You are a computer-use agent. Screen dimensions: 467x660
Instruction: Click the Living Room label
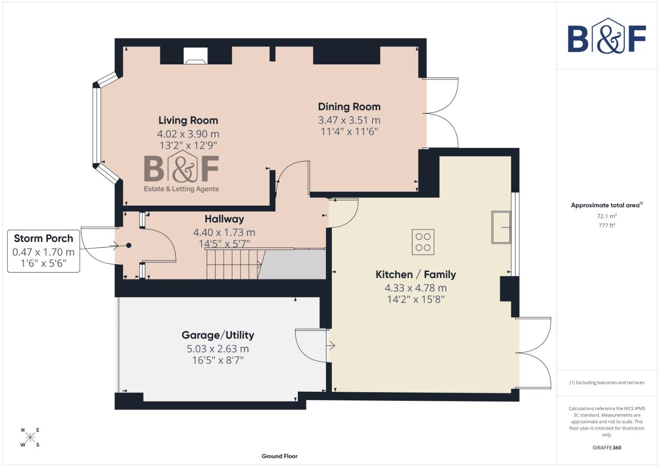(x=188, y=120)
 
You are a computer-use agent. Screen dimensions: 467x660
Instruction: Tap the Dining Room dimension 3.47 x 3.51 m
(x=349, y=120)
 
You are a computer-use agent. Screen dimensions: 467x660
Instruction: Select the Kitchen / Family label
(x=415, y=275)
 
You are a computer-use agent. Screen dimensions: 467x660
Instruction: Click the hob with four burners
(x=423, y=242)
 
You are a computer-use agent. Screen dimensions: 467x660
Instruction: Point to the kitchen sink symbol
(x=501, y=227)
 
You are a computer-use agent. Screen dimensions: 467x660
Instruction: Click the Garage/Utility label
(x=218, y=335)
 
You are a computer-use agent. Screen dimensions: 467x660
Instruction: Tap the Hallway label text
(x=224, y=219)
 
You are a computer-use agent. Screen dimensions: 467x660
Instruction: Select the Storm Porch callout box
(x=44, y=251)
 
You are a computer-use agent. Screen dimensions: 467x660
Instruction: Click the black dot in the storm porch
(x=129, y=246)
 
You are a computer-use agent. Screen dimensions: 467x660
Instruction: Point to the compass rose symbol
(x=30, y=438)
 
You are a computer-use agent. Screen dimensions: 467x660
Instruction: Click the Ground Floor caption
(x=280, y=456)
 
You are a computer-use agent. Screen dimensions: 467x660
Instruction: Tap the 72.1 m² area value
(x=606, y=216)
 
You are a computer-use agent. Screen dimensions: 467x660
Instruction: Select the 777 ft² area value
(x=606, y=225)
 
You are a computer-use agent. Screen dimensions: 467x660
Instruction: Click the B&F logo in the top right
(x=606, y=36)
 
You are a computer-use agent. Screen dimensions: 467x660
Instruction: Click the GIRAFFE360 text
(x=606, y=448)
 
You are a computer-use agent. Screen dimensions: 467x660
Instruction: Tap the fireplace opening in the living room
(x=195, y=56)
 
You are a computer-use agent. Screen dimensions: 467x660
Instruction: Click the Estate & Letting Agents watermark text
(x=181, y=189)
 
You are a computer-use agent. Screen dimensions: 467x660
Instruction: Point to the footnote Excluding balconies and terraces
(x=606, y=383)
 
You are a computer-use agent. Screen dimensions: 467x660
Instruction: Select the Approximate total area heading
(x=606, y=205)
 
